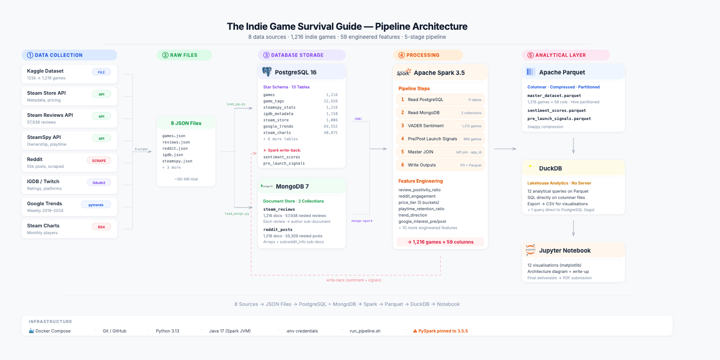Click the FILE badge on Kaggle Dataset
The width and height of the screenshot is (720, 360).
[101, 72]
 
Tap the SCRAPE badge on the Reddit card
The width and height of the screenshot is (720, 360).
[99, 161]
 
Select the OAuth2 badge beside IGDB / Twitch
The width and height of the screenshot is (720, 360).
[99, 183]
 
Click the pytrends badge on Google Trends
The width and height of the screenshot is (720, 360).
[96, 205]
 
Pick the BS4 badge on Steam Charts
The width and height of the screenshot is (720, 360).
[101, 227]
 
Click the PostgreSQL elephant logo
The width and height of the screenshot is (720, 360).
[267, 72]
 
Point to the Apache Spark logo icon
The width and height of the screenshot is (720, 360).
[404, 72]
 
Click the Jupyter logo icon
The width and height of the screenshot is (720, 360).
[531, 250]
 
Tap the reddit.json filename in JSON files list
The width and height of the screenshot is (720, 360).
[175, 148]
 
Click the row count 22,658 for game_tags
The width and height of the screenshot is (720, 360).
[330, 101]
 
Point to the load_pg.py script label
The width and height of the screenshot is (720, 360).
[236, 104]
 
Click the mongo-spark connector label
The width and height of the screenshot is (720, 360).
[362, 221]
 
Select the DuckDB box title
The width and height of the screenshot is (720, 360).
[550, 168]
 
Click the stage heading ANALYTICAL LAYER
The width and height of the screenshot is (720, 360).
[560, 55]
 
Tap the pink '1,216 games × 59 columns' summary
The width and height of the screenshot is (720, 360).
[440, 242]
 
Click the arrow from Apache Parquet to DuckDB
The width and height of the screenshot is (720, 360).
[573, 146]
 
